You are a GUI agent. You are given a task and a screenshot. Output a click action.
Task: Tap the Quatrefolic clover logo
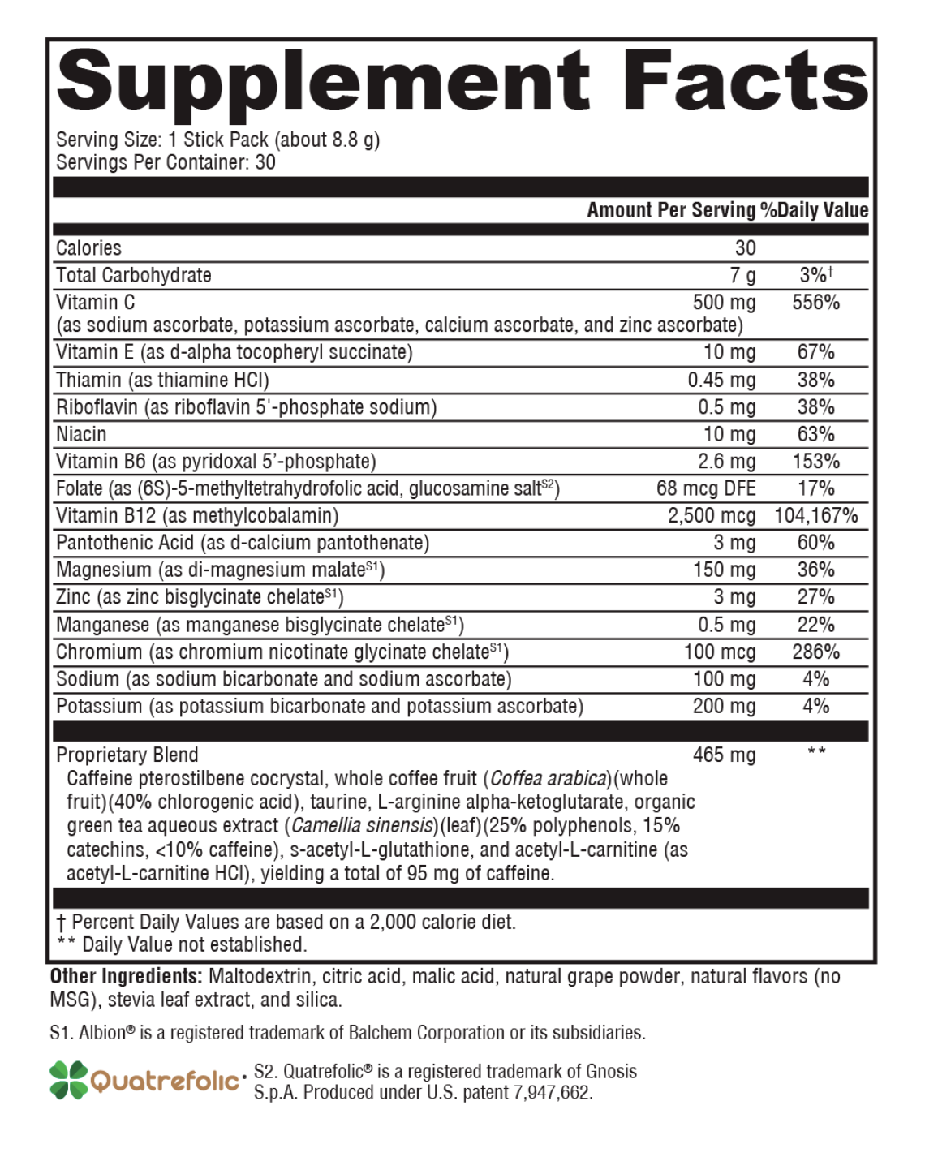[x=68, y=1080]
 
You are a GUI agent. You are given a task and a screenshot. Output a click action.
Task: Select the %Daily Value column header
[x=815, y=210]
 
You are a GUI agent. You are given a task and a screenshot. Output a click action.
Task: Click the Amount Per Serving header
[x=671, y=210]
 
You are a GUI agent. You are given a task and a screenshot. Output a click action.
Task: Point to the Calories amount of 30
[x=745, y=248]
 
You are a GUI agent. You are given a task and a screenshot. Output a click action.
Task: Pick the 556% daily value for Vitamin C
[x=815, y=303]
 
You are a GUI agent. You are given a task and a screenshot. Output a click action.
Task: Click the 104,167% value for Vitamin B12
[x=815, y=516]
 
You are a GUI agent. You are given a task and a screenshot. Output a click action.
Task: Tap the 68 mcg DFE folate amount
[x=706, y=488]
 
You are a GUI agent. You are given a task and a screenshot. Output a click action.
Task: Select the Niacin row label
[x=81, y=434]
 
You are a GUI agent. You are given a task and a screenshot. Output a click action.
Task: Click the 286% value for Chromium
[x=815, y=652]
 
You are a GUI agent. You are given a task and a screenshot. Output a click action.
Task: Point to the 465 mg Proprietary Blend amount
[x=724, y=755]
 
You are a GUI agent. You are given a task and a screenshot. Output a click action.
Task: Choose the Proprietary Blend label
[x=127, y=755]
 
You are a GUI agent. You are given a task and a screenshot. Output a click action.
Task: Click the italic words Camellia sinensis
[x=362, y=826]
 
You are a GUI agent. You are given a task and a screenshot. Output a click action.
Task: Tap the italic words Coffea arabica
[x=549, y=779]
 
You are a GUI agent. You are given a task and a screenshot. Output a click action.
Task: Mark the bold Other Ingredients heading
[x=126, y=976]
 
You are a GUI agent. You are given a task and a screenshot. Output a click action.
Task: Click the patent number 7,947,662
[x=552, y=1093]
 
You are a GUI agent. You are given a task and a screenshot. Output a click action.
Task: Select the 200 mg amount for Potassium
[x=724, y=707]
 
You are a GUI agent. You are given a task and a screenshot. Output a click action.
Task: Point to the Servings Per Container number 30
[x=265, y=162]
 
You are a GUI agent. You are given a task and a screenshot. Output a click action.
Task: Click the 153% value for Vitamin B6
[x=815, y=462]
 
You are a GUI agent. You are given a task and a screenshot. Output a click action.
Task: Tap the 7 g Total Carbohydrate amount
[x=742, y=276]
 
